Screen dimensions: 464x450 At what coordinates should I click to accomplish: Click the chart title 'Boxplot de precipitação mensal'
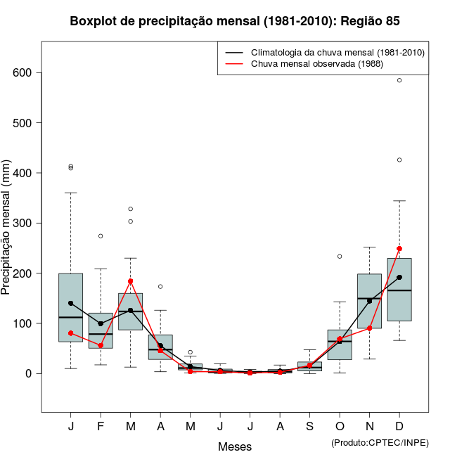(x=235, y=22)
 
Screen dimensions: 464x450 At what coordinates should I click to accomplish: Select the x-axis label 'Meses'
(x=235, y=446)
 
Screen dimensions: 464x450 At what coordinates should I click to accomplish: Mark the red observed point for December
(x=399, y=248)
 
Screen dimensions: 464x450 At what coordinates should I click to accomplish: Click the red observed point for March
(x=130, y=281)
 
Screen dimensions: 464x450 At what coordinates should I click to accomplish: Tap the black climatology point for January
(x=70, y=303)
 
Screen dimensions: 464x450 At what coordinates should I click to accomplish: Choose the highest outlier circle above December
(x=399, y=80)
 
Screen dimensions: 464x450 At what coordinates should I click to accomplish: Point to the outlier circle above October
(x=340, y=256)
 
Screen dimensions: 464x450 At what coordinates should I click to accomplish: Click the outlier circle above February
(x=101, y=236)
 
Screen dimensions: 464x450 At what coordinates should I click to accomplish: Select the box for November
(x=369, y=301)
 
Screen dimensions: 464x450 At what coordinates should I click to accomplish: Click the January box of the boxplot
(x=70, y=307)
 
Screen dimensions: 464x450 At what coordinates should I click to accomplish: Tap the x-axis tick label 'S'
(x=309, y=427)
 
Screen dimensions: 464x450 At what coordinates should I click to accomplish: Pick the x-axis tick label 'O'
(x=340, y=427)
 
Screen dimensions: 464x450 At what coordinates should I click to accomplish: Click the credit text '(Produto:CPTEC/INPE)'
(x=380, y=442)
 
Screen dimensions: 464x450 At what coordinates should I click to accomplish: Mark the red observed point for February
(x=101, y=345)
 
